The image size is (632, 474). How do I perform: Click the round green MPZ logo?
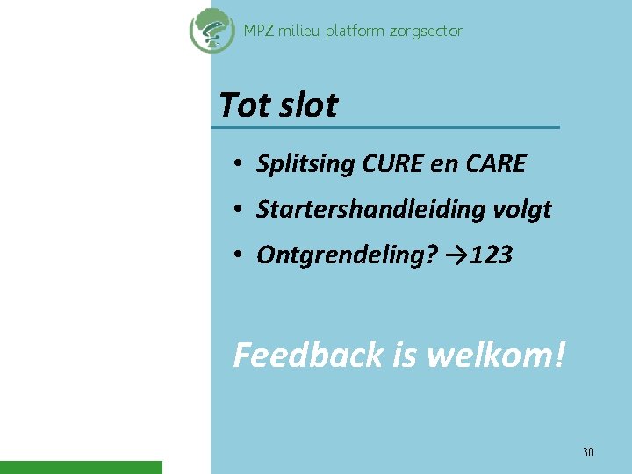coord(212,31)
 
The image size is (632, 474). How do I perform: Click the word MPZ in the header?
coord(258,31)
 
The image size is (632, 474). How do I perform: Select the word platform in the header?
coord(355,31)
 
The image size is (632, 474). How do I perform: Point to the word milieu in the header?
coord(301,31)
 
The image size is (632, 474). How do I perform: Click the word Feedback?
coord(308,355)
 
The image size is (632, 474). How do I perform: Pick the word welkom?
coord(496,355)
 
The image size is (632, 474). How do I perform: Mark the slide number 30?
coord(588,452)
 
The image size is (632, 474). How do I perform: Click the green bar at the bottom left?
coord(81,467)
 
